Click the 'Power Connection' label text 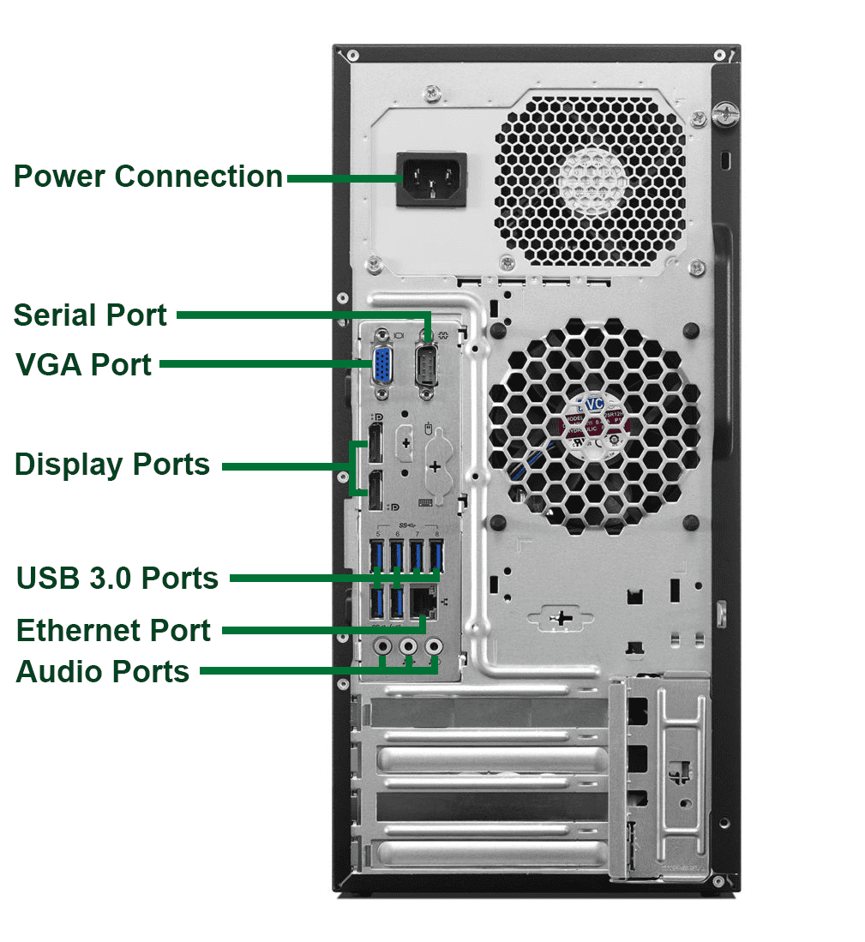click(148, 177)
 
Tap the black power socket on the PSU click(431, 179)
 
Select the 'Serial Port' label click(91, 315)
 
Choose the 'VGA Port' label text click(84, 364)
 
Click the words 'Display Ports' click(112, 465)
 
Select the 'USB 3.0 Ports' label click(117, 579)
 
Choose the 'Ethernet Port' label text click(113, 631)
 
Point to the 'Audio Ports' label click(103, 671)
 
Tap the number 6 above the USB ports click(398, 535)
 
